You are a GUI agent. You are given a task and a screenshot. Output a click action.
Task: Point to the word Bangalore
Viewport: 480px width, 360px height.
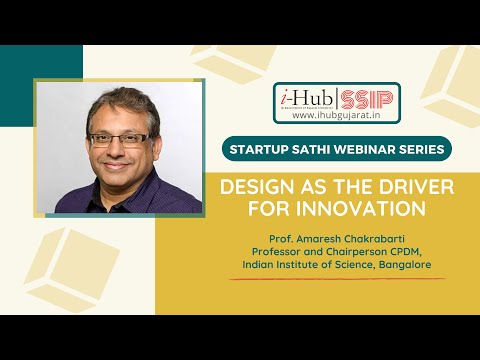406,264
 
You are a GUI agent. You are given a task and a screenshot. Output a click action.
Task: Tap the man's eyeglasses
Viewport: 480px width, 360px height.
123,139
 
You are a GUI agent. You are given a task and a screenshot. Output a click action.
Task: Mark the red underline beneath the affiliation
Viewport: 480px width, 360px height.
337,278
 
